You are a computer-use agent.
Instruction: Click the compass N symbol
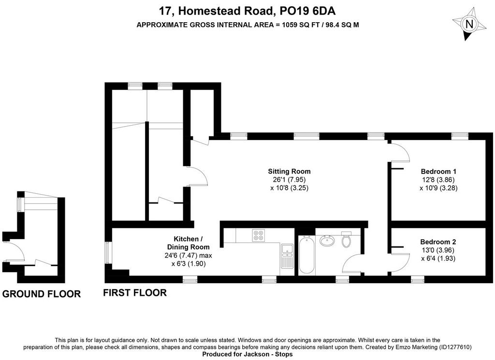[x=469, y=24]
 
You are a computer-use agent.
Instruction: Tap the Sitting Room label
[x=289, y=172]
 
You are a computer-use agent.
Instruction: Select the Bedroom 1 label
[x=438, y=172]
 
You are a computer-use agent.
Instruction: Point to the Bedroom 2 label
[x=438, y=242]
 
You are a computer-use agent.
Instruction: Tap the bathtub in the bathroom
[x=306, y=255]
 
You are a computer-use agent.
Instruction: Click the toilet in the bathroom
[x=346, y=240]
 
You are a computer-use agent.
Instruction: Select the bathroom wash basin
[x=327, y=241]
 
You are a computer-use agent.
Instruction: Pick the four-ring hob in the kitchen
[x=259, y=235]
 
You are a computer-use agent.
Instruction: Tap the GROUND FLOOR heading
[x=42, y=294]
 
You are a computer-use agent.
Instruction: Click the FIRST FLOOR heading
[x=135, y=293]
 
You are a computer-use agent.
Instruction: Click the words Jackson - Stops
[x=268, y=354]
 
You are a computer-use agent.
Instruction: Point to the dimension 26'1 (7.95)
[x=289, y=180]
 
